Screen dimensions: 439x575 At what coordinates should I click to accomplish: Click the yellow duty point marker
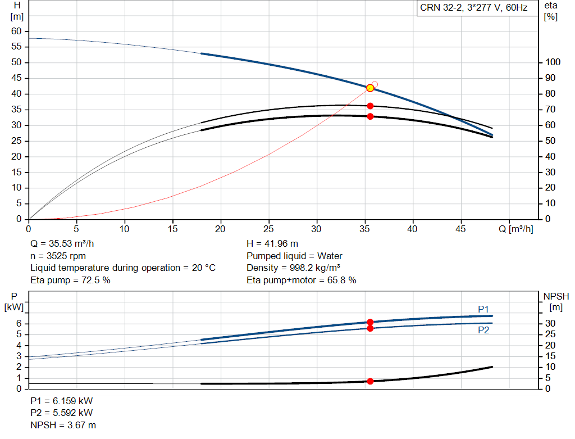[x=370, y=88]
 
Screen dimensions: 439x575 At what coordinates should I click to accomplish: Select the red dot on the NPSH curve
[x=370, y=381]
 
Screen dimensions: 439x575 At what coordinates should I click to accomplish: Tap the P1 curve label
[x=483, y=309]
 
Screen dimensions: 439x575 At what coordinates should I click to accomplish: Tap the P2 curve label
[x=483, y=331]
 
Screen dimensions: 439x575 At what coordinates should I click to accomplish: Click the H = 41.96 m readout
[x=272, y=244]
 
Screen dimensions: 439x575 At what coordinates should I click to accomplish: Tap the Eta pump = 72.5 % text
[x=70, y=279]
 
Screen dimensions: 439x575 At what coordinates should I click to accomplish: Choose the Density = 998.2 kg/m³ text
[x=294, y=268]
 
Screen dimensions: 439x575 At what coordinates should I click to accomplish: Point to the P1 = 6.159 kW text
[x=62, y=401]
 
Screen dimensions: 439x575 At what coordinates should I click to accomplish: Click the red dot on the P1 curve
[x=370, y=322]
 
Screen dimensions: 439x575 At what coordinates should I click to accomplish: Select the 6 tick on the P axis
[x=19, y=323]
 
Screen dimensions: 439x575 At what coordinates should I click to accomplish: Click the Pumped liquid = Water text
[x=294, y=256]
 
